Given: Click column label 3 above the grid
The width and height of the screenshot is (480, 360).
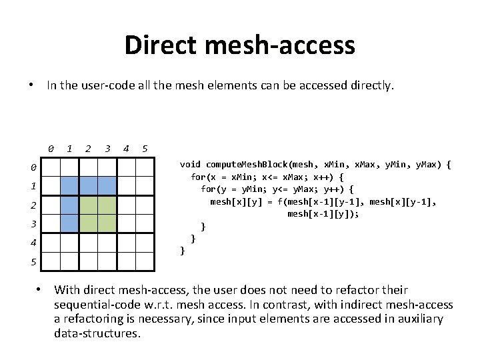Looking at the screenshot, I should (x=107, y=148).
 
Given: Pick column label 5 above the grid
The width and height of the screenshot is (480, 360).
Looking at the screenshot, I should (x=145, y=148).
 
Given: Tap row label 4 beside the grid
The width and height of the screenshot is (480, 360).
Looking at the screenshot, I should (x=33, y=243).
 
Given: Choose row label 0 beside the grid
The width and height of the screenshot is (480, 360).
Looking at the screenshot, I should (x=33, y=167).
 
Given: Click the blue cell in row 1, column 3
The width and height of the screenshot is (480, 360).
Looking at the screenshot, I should (x=107, y=185).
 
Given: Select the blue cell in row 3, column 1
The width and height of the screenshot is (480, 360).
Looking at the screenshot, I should (x=69, y=223).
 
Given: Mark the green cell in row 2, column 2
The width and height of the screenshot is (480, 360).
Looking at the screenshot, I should (x=88, y=204).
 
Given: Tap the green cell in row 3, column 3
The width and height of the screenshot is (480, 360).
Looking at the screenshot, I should (x=107, y=223).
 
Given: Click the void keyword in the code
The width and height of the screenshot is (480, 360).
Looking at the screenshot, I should (x=190, y=164).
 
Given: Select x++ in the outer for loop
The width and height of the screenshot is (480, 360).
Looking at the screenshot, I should (x=319, y=177).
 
